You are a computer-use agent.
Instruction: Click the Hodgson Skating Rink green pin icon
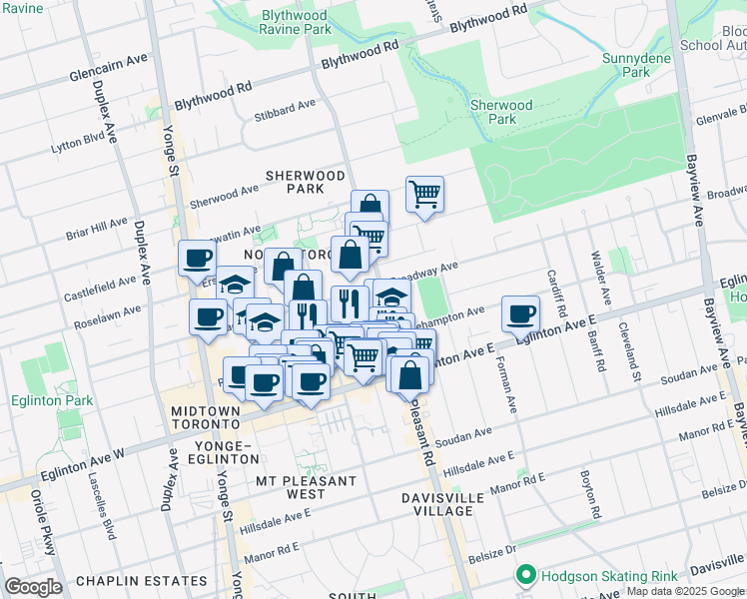(525, 576)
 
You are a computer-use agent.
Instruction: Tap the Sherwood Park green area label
(500, 112)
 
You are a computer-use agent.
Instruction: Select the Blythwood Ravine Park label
(295, 23)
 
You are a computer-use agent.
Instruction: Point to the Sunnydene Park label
(626, 66)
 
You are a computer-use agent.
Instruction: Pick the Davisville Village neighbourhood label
(444, 504)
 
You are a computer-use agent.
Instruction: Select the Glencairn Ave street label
(109, 69)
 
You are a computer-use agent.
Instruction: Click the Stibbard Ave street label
(284, 106)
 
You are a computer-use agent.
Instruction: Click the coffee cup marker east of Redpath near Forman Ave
(520, 313)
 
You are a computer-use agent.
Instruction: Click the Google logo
(33, 586)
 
